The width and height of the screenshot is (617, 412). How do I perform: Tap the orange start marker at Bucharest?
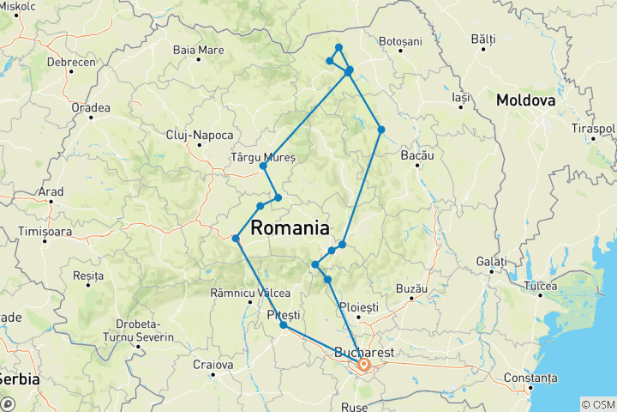click(x=363, y=366)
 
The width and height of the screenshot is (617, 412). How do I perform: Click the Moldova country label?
click(x=526, y=100)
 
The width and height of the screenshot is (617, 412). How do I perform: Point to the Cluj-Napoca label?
click(x=200, y=136)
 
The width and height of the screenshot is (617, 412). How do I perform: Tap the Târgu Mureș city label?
click(x=263, y=158)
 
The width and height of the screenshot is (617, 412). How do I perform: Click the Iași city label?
click(x=461, y=98)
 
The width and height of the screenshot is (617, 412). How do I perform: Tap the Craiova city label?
click(x=213, y=365)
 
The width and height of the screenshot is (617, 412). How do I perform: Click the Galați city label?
click(x=491, y=261)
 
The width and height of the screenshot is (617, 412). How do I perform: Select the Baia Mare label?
click(x=198, y=50)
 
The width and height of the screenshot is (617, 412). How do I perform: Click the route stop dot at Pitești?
click(x=283, y=325)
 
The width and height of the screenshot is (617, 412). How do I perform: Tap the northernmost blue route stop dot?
click(x=339, y=47)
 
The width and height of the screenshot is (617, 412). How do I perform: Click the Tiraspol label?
click(x=593, y=129)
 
